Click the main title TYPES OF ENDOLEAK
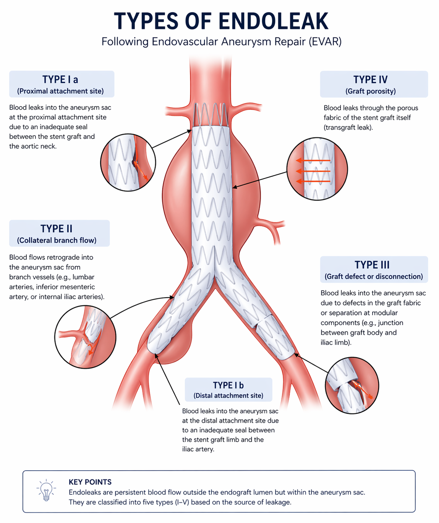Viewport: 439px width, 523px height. click(221, 21)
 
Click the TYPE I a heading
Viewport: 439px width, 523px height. click(60, 79)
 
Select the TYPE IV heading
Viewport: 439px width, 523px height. click(370, 79)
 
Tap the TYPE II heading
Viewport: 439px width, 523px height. click(57, 228)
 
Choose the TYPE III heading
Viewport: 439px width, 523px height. click(372, 265)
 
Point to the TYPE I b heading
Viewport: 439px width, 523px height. click(228, 385)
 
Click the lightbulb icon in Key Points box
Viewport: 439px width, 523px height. click(46, 490)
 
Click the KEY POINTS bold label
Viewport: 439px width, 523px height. click(90, 482)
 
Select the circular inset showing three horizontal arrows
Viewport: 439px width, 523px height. click(317, 169)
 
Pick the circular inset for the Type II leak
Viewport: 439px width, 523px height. click(85, 337)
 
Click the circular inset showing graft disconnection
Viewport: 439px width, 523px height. click(352, 385)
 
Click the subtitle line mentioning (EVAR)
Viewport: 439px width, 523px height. click(221, 41)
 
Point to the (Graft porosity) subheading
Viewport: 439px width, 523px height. click(370, 91)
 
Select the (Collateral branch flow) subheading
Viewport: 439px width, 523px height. click(57, 240)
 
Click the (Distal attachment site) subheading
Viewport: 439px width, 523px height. click(228, 396)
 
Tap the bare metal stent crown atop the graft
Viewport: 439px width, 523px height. click(211, 114)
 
